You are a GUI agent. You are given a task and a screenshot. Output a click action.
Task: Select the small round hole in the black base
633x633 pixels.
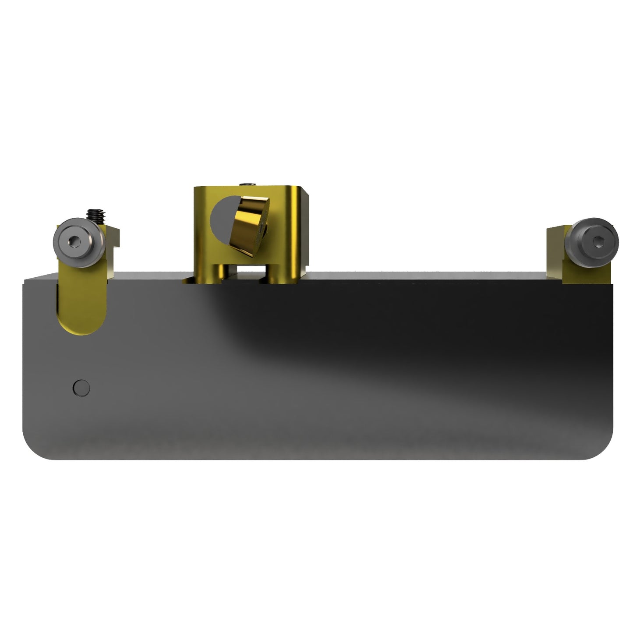pyautogui.click(x=81, y=388)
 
